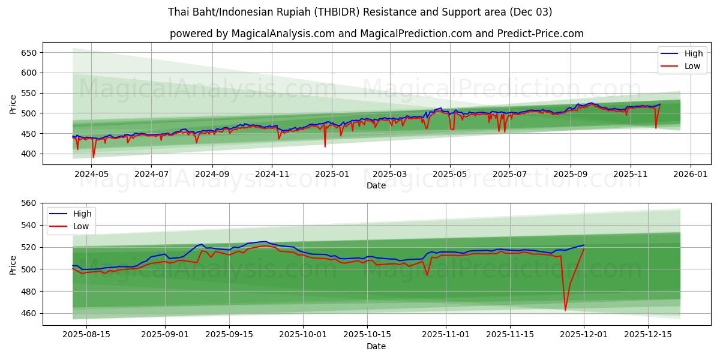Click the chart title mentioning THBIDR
coord(360,12)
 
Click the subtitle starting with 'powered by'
coord(376,34)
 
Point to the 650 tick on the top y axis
coord(29,53)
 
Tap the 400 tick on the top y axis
coord(29,154)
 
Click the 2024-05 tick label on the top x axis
coord(91,175)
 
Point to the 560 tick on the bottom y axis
coord(29,203)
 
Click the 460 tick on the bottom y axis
coord(29,314)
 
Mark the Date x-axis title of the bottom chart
coord(376,346)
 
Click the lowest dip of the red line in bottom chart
coord(565,310)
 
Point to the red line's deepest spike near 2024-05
coord(93,157)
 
